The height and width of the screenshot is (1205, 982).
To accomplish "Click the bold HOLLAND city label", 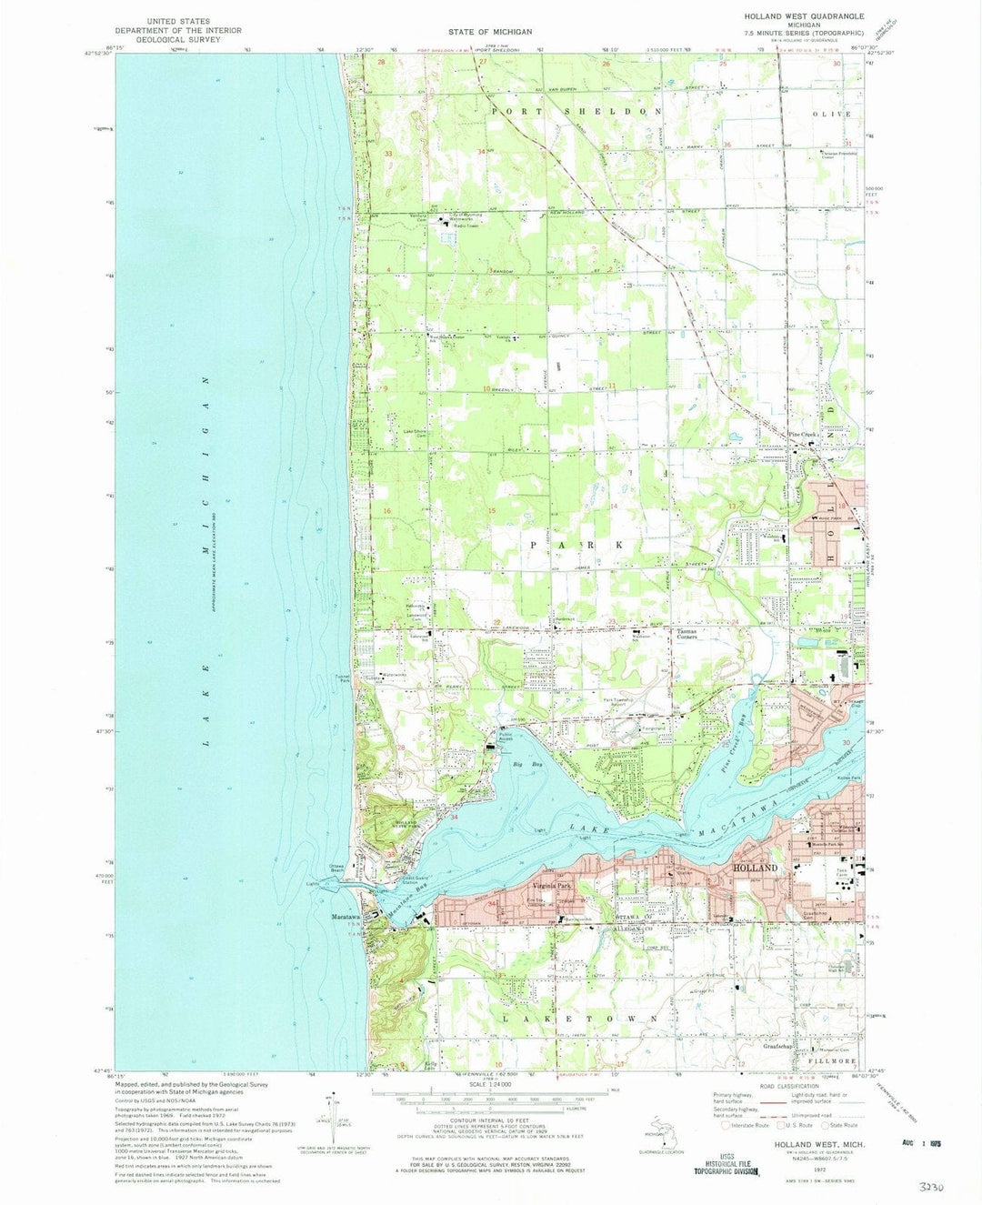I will [756, 868].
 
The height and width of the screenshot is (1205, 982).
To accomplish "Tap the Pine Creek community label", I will [805, 435].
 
